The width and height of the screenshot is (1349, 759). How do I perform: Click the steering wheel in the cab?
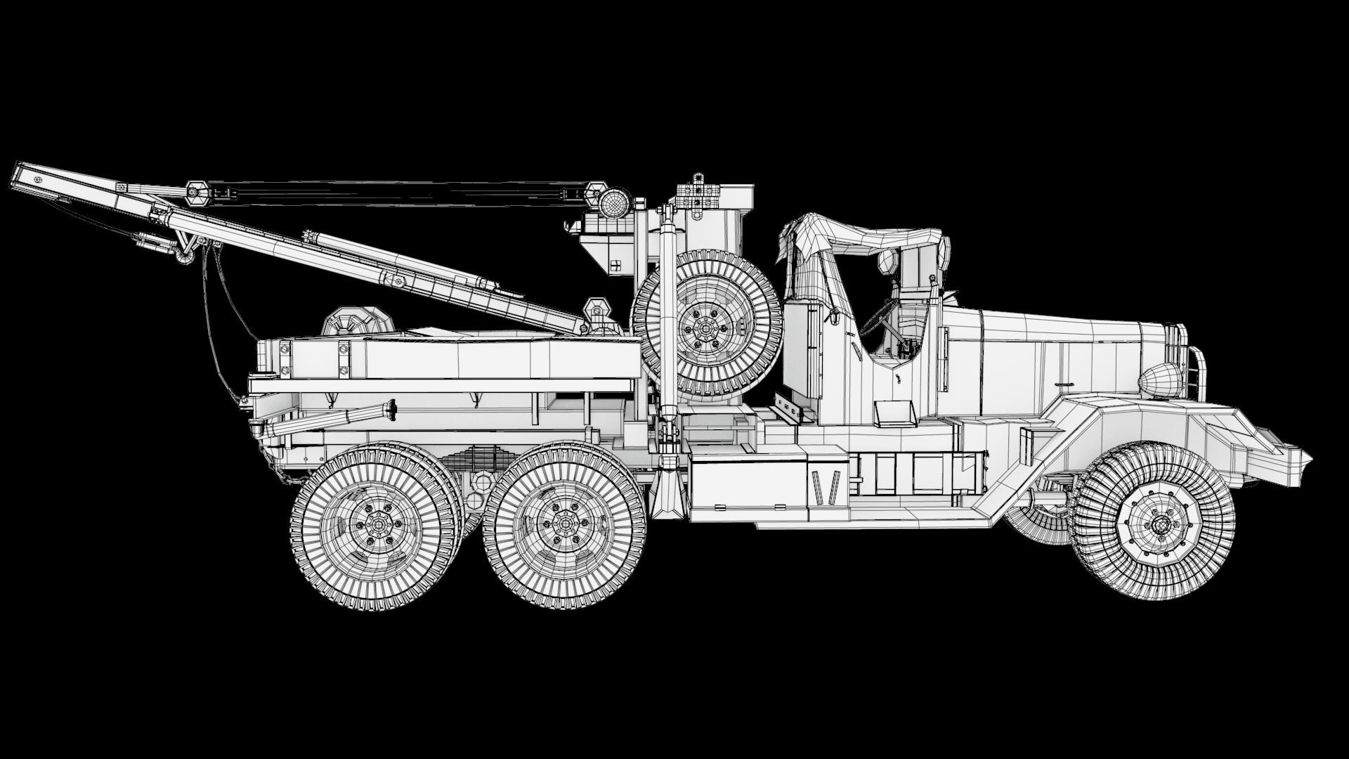click(875, 320)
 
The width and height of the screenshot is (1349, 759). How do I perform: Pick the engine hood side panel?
click(1054, 365)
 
